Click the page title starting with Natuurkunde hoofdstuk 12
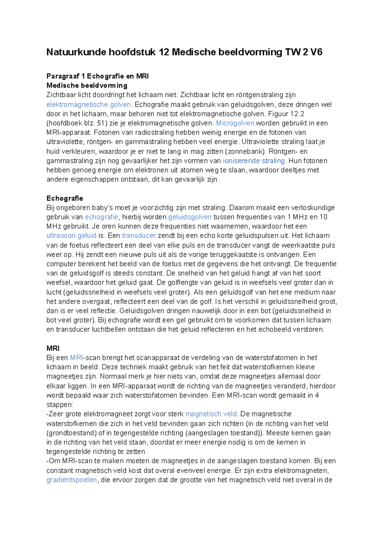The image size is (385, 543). tap(184, 52)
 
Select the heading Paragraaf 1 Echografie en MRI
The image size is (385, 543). tap(98, 76)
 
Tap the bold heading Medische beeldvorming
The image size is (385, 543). tap(87, 86)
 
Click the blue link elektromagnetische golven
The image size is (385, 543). tap(89, 104)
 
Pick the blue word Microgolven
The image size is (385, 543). tap(235, 123)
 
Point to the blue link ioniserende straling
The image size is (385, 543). tap(254, 161)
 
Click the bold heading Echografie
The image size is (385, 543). tap(65, 198)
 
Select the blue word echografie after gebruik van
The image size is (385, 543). tap(101, 217)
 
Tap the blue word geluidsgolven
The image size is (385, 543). tap(190, 217)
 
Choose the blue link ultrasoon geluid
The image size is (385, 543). tap(71, 236)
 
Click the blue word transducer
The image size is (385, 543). tap(139, 236)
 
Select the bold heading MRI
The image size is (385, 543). tap(53, 348)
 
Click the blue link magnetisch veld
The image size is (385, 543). tap(211, 414)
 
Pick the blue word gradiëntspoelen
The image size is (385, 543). tap(72, 480)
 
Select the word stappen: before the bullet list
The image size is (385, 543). tap(60, 405)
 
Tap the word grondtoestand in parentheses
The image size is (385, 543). tap(72, 433)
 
